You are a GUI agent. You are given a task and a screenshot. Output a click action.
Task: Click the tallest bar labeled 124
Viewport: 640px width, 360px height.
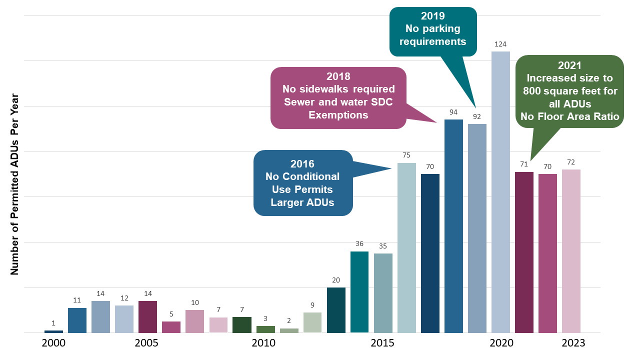coord(500,192)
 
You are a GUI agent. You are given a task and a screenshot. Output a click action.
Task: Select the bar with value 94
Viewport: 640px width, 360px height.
coord(453,226)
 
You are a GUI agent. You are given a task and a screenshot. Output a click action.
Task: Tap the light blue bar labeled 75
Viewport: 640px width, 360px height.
coord(406,247)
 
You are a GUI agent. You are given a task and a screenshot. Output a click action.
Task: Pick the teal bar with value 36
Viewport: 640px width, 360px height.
coord(359,292)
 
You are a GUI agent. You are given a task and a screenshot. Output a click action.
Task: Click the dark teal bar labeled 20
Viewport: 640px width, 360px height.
coord(336,310)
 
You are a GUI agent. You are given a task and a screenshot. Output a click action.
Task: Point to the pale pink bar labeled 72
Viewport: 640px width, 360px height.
coord(571,251)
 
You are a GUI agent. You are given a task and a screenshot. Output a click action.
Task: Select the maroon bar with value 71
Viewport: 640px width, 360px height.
coord(524,252)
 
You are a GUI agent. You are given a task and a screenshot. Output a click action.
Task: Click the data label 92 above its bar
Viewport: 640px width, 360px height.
coord(477,116)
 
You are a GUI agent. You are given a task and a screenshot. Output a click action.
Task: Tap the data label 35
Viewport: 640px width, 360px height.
coord(383,246)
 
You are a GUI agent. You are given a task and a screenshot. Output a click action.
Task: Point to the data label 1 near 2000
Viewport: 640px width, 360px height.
coord(53,323)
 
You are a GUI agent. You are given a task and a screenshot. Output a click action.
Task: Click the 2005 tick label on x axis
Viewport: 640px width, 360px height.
coord(146,343)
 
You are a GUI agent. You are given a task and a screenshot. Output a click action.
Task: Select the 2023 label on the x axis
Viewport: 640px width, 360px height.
coord(573,343)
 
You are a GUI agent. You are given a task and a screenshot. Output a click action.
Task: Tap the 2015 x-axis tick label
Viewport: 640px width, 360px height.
coord(382,343)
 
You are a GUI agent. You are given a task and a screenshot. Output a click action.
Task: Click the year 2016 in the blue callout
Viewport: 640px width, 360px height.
coord(302,164)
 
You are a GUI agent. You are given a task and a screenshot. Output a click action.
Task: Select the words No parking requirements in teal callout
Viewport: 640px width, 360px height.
coord(432,35)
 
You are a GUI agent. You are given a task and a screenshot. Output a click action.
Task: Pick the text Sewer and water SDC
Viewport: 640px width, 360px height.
coord(338,102)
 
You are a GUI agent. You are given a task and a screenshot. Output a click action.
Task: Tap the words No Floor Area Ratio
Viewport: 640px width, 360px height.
coord(569,117)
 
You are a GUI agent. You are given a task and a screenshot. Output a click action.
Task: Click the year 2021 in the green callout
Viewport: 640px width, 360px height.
coord(569,65)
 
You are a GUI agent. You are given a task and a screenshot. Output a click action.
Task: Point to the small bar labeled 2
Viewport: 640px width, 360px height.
coord(289,330)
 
